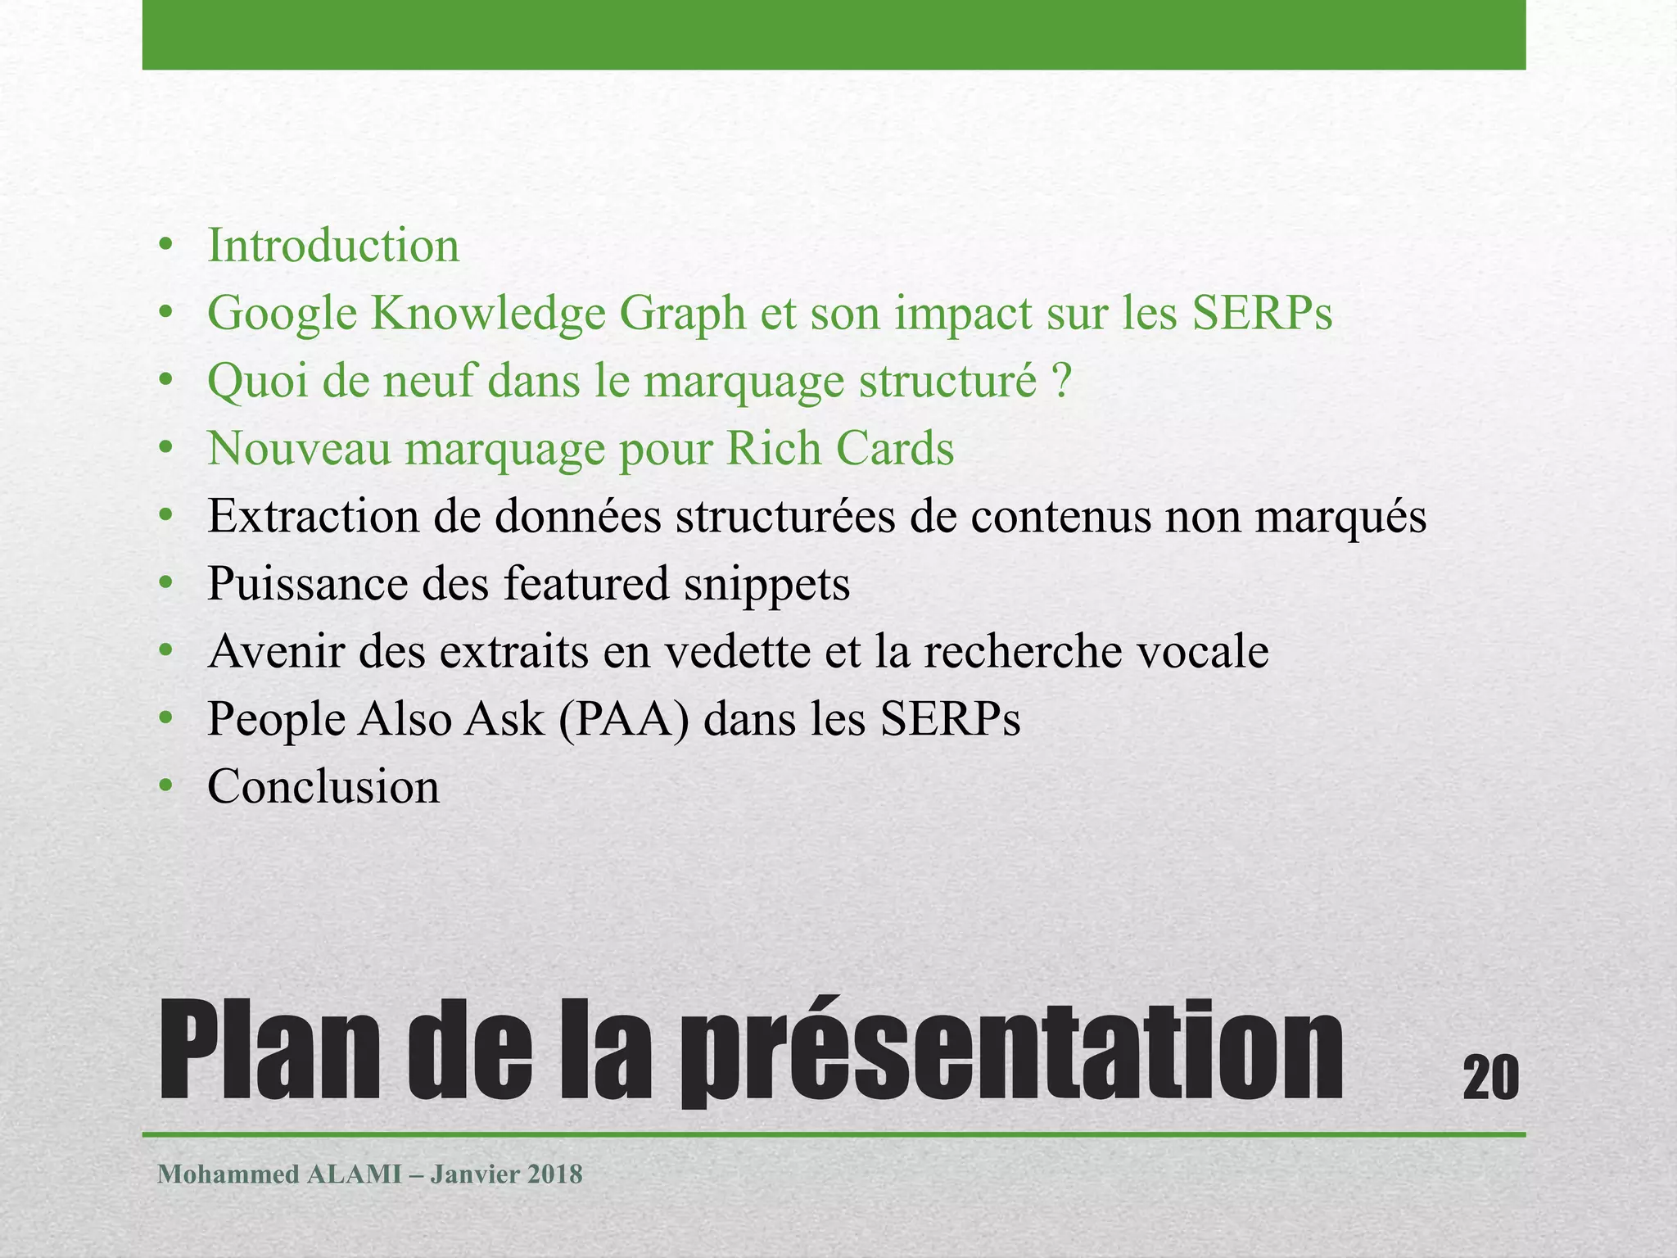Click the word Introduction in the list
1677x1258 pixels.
pos(332,246)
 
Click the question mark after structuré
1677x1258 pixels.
pos(1062,382)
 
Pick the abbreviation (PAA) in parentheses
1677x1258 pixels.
pos(624,720)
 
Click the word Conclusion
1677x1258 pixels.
pos(323,787)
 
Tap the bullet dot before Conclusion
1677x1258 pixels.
pos(166,787)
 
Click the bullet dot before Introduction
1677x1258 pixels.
pos(166,246)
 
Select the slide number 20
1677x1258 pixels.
pos(1490,1078)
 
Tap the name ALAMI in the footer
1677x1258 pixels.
pos(354,1174)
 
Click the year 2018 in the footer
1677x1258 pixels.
pos(554,1174)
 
